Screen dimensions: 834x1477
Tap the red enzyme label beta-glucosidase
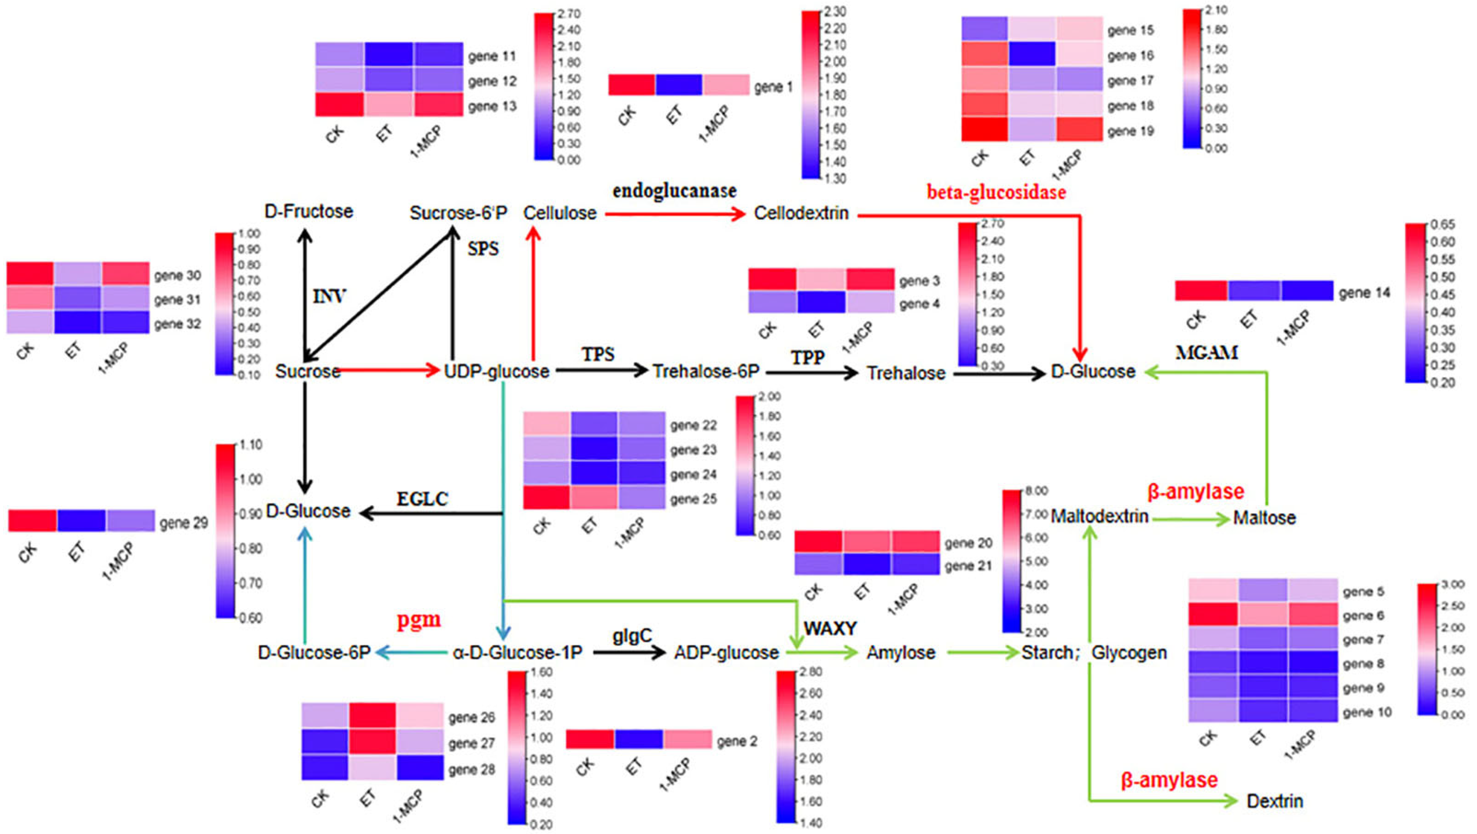tap(997, 192)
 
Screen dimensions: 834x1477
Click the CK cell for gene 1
tap(631, 85)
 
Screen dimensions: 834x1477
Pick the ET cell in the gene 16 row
tap(1031, 54)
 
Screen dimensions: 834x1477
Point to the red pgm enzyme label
tap(419, 620)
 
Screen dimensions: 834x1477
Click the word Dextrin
tap(1274, 801)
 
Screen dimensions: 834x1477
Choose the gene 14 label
tap(1365, 294)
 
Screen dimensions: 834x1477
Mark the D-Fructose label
tap(309, 212)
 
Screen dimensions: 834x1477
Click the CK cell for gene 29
tap(32, 520)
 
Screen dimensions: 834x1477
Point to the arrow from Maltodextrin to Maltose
tap(1190, 519)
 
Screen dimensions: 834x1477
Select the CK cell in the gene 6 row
tap(1213, 615)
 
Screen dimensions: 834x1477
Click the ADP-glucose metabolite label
tap(726, 652)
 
